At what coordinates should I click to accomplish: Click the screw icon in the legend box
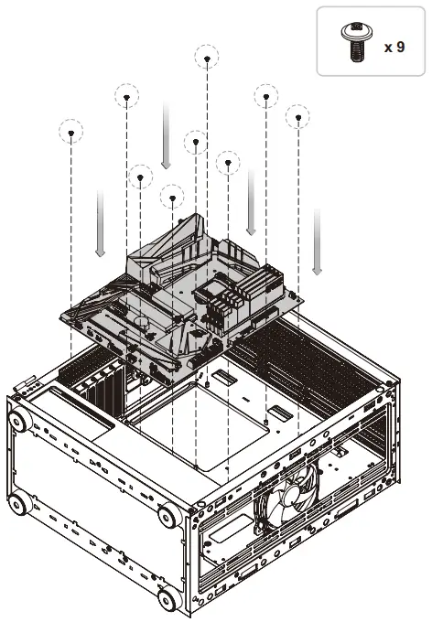(354, 43)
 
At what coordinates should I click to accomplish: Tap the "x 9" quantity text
(394, 46)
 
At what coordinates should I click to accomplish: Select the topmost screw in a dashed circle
(208, 58)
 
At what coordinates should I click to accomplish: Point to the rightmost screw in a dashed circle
(298, 117)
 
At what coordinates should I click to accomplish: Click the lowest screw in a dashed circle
(171, 196)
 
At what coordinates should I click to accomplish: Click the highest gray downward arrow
(166, 135)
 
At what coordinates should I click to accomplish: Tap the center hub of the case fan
(296, 495)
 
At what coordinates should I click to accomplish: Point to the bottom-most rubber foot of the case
(167, 600)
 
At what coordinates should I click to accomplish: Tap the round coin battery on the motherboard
(140, 321)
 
